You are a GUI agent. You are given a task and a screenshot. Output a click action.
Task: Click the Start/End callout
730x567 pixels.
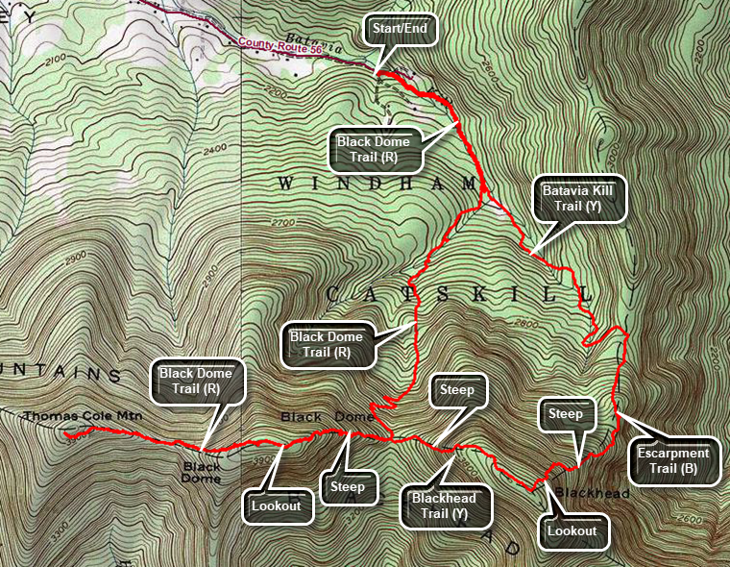[401, 30]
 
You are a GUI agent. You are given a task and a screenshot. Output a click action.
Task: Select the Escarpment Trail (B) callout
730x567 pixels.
[677, 462]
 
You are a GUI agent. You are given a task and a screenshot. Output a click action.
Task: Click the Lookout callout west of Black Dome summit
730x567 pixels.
[279, 505]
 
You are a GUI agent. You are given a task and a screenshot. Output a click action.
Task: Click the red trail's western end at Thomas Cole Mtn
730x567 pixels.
[65, 433]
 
